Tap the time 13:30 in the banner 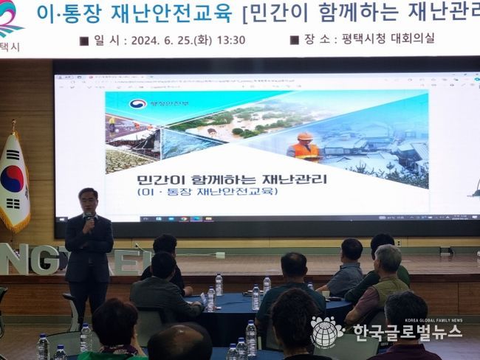[x=230, y=40]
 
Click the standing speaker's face [x=88, y=201]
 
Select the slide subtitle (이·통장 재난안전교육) [x=208, y=192]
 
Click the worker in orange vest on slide [x=304, y=146]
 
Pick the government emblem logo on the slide [x=138, y=103]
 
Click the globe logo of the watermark [x=326, y=332]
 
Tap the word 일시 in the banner [x=109, y=40]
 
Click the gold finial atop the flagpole [x=13, y=125]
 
